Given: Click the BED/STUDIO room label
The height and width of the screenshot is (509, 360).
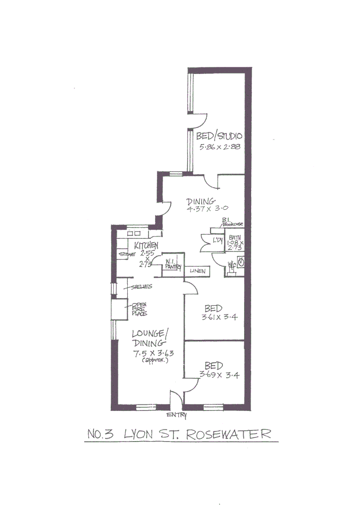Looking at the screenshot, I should pos(219,136).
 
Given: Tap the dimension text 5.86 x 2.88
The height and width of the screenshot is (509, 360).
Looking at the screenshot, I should pos(220,147).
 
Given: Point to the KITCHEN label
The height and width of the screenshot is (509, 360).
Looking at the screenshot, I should pos(146,246).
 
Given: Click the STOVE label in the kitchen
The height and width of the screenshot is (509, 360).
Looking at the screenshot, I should pos(127,254).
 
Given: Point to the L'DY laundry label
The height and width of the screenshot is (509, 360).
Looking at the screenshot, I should pos(217,241).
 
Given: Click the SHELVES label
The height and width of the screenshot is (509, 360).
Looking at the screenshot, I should pos(141,287).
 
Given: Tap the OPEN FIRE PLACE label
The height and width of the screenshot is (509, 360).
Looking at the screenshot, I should pos(139,309).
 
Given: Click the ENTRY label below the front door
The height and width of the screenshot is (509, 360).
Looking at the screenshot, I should pos(177,415).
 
